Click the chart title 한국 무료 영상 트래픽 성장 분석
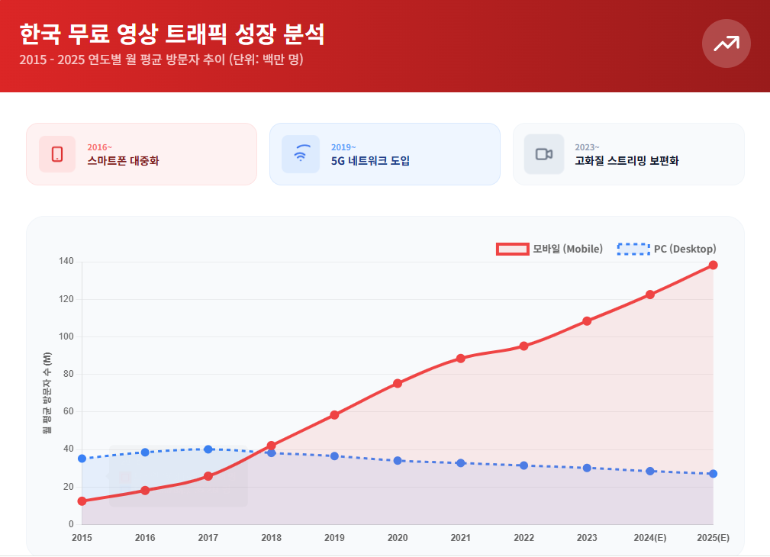pos(172,34)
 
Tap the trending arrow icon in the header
pos(726,43)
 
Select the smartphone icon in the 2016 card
pos(57,154)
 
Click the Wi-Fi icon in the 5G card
pos(301,154)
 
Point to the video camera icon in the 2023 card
pos(543,154)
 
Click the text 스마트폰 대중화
pos(123,161)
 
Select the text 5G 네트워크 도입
pos(370,161)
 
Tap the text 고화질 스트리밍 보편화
pos(627,161)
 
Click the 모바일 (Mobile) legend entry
pos(550,249)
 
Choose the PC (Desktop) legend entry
pos(666,249)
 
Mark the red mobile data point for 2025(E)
pos(713,266)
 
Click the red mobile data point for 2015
pos(82,501)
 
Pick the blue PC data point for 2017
pos(208,449)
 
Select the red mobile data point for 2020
pos(398,383)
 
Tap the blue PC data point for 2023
pos(587,468)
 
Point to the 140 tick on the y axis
pos(66,262)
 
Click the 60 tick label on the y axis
pos(68,412)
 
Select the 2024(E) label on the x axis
pos(649,538)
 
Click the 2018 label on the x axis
pos(271,538)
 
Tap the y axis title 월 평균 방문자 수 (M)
pos(47,393)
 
